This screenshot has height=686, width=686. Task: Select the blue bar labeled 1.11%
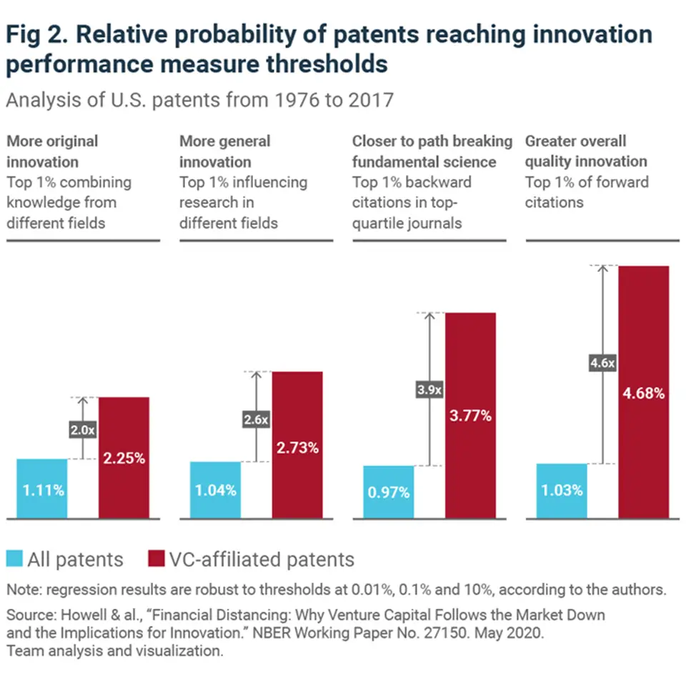[x=42, y=489]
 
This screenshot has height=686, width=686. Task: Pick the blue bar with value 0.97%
[x=388, y=492]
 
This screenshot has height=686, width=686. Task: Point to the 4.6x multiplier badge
[x=602, y=363]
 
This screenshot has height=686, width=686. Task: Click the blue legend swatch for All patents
[x=15, y=560]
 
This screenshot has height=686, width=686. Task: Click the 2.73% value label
[x=297, y=449]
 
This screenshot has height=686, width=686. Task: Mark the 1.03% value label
[x=562, y=491]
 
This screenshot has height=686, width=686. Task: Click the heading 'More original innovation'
[x=52, y=151]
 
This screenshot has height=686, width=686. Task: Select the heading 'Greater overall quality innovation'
[x=586, y=151]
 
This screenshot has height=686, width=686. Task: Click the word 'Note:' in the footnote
[x=26, y=590]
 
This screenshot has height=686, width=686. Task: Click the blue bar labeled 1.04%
[x=215, y=490]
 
